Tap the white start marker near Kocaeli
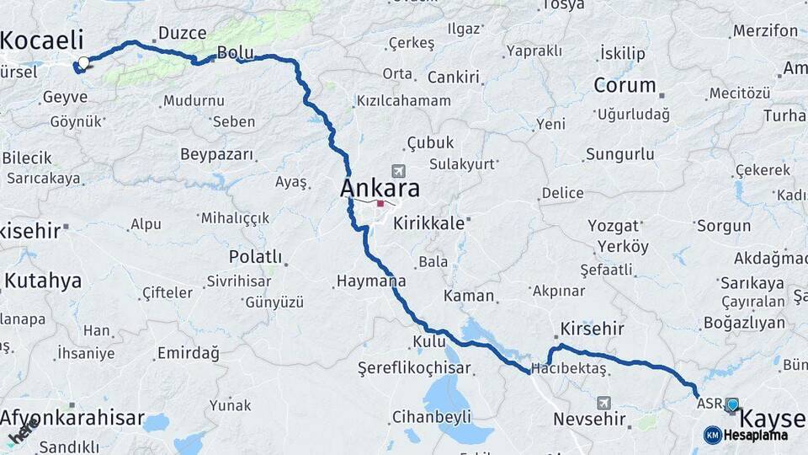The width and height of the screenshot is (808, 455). click(x=83, y=62)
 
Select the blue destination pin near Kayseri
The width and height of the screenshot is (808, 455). click(x=732, y=405)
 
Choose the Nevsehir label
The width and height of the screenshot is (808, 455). click(x=589, y=419)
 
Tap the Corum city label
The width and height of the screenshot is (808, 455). click(x=625, y=84)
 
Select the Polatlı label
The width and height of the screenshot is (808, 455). click(x=255, y=256)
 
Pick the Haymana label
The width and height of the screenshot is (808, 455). click(x=370, y=281)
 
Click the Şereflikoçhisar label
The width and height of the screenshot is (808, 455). click(x=414, y=367)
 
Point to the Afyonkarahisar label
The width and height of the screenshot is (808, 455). click(x=72, y=419)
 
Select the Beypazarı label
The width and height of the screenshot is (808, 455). click(x=216, y=154)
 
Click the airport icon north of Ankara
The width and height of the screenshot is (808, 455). click(x=397, y=171)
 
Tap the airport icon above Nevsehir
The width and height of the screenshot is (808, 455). click(x=603, y=403)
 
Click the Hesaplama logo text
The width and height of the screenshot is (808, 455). click(x=755, y=435)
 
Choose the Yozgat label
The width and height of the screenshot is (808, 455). click(x=613, y=226)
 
